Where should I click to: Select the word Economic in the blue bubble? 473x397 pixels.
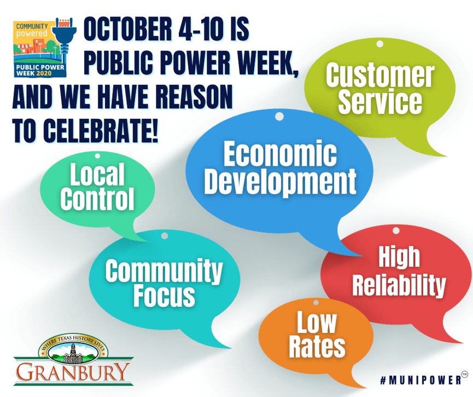tap(280, 155)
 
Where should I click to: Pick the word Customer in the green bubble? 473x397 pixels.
tap(380, 76)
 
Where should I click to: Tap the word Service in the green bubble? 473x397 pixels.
tap(380, 102)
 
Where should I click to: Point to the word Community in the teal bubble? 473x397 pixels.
tap(164, 271)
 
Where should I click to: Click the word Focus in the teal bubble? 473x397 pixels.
tap(164, 296)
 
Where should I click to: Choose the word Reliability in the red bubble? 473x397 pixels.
tap(399, 285)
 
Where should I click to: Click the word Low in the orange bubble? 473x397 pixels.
tap(317, 323)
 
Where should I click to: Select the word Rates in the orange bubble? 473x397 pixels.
tap(317, 347)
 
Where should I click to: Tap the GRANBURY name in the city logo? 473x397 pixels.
tap(73, 372)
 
